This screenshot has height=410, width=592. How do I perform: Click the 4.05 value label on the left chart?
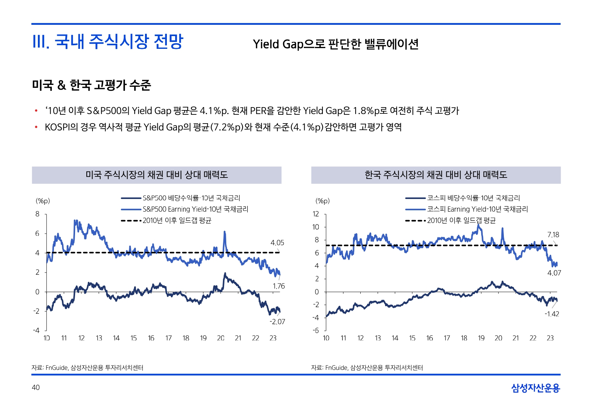[x=277, y=243]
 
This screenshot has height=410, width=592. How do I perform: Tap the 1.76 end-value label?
[x=279, y=286]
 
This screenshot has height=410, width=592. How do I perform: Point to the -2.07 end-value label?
[x=277, y=321]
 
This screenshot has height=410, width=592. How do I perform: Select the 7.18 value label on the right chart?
[x=553, y=235]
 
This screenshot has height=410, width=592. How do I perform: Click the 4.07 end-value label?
[x=554, y=273]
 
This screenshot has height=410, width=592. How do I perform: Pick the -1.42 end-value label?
[x=552, y=314]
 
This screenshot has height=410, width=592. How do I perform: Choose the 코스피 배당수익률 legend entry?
[x=473, y=198]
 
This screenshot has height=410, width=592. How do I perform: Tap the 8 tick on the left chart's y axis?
[x=38, y=214]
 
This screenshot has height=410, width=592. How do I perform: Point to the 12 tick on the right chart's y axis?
[x=316, y=214]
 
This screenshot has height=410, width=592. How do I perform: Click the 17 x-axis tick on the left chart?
[x=168, y=338]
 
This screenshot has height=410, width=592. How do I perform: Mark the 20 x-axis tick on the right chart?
[x=498, y=338]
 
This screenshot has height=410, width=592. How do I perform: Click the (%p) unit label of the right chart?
[x=322, y=201]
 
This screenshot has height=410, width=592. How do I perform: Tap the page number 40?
[x=36, y=387]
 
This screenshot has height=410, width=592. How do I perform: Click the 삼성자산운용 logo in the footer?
[x=535, y=388]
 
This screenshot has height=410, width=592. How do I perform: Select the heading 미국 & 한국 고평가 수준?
[x=91, y=85]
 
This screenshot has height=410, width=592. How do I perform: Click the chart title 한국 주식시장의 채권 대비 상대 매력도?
[x=436, y=175]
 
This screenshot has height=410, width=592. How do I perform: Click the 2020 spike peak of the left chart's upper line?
[x=224, y=232]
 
